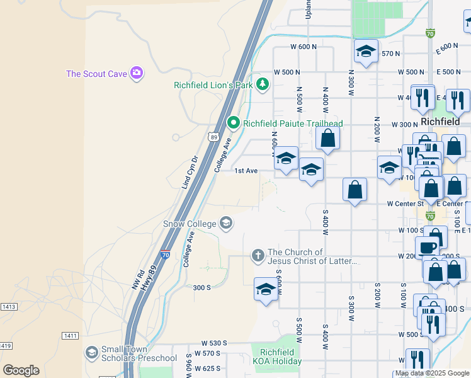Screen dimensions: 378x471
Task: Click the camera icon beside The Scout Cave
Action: (136, 74)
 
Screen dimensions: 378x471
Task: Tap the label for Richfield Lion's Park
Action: (214, 85)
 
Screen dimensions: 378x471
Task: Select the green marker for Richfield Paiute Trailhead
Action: (234, 122)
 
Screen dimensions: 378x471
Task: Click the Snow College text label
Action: (190, 224)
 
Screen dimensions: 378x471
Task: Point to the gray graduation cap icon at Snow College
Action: (225, 223)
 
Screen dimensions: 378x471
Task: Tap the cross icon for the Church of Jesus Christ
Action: (258, 256)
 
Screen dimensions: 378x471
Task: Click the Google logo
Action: (21, 370)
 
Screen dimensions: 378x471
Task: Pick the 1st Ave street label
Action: (246, 171)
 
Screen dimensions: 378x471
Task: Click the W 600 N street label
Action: (304, 47)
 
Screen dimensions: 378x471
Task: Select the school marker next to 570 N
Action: (366, 53)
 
